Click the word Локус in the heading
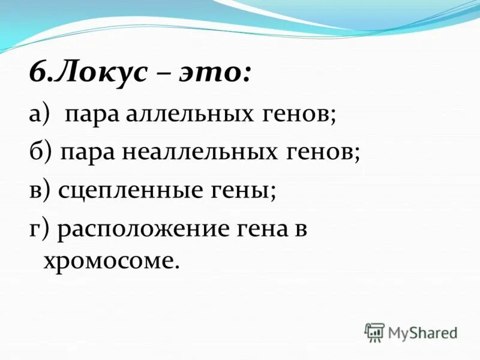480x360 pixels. (x=107, y=76)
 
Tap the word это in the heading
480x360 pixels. (x=212, y=76)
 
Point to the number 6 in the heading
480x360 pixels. (x=37, y=76)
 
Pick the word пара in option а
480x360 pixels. (x=94, y=115)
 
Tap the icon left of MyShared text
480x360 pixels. (x=374, y=332)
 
